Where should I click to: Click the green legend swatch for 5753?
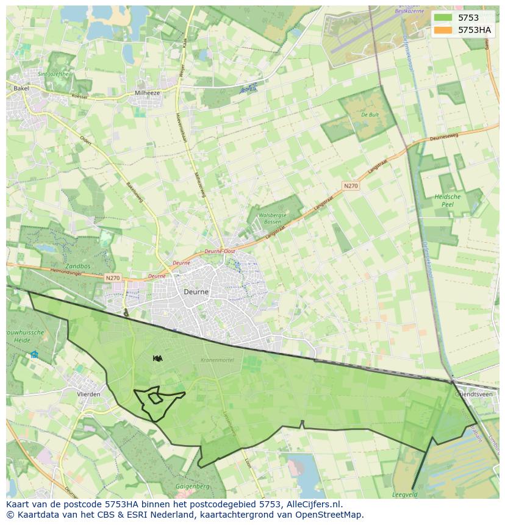443,18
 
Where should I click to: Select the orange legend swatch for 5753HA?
443,30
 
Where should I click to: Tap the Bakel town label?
21,88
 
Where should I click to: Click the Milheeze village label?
148,93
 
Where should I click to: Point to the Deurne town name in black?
196,292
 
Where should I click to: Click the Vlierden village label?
88,395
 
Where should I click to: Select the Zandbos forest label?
78,266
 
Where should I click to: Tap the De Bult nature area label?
370,115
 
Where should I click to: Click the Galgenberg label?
192,487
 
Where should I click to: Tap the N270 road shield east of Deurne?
350,186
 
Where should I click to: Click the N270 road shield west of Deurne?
112,278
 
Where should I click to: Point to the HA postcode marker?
157,359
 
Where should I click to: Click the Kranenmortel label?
217,360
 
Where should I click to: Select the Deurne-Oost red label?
220,251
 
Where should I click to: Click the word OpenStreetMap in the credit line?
331,515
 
